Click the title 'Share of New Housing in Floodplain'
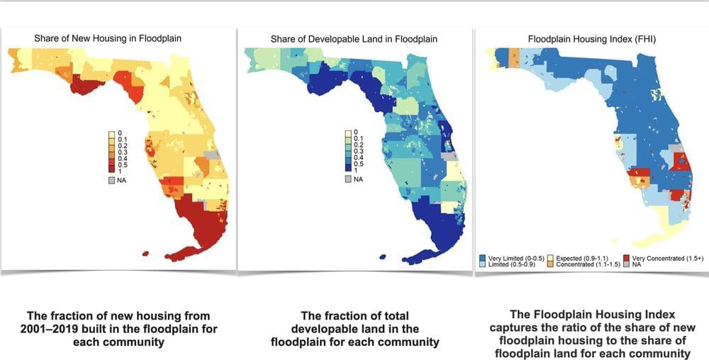click(108, 38)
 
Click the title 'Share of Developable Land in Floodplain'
click(354, 38)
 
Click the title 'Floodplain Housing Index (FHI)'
click(592, 38)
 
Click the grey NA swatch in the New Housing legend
click(111, 180)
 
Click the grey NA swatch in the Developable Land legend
click(347, 179)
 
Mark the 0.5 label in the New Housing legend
click(121, 165)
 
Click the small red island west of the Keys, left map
click(145, 254)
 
